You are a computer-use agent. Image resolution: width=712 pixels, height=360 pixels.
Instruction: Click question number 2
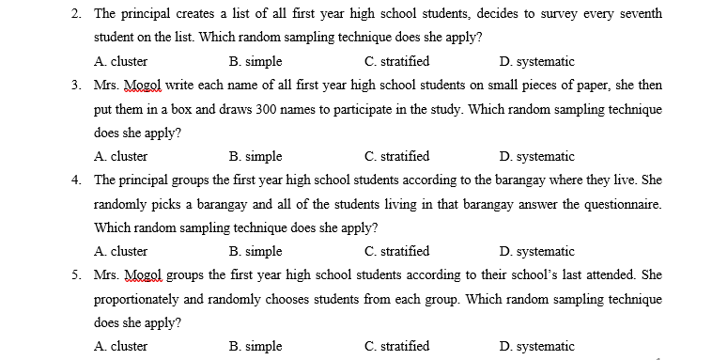(x=74, y=14)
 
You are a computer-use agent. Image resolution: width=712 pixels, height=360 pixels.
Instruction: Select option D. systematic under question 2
(x=537, y=62)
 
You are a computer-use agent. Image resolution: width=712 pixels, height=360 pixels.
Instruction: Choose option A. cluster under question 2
(x=120, y=62)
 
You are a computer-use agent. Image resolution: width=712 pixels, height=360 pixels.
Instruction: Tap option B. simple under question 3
(x=255, y=157)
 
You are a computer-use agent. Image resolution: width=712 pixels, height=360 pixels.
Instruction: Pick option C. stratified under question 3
(x=397, y=157)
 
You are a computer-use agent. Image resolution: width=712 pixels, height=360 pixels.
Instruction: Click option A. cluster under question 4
(x=120, y=251)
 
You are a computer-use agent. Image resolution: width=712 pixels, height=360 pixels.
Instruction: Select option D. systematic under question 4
(x=537, y=251)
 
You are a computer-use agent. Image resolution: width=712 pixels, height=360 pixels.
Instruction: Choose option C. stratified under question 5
(x=397, y=346)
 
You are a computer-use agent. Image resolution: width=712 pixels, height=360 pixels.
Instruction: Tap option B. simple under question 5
(x=255, y=346)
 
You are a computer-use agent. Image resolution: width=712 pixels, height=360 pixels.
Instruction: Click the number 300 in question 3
(x=270, y=109)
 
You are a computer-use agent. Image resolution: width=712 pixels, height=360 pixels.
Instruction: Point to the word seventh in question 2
(x=639, y=14)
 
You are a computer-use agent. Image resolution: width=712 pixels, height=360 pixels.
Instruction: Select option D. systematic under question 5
(x=537, y=346)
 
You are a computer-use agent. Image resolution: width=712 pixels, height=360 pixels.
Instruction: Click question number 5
(x=74, y=274)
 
